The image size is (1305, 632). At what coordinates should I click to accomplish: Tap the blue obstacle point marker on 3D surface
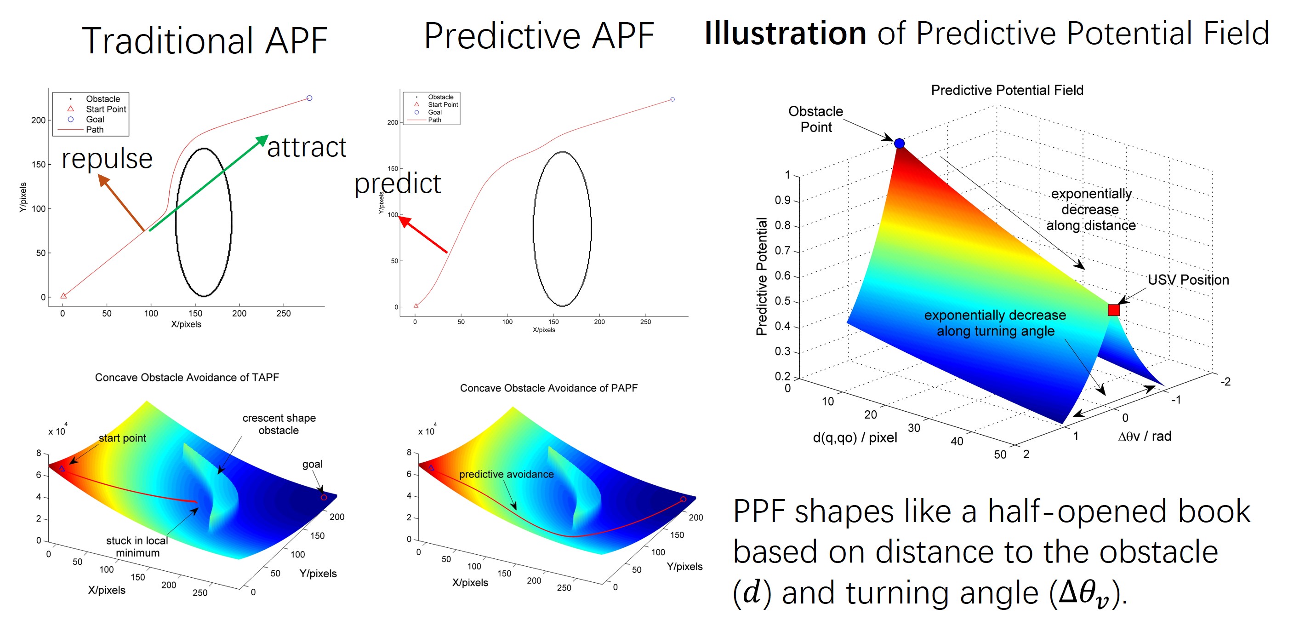click(x=899, y=144)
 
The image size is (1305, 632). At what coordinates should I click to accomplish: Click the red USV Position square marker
click(x=1113, y=310)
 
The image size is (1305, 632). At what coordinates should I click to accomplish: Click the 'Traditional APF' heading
click(x=205, y=40)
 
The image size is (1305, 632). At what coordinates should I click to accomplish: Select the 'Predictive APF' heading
click(x=539, y=36)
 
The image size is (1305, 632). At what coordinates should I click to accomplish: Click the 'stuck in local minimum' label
click(x=137, y=546)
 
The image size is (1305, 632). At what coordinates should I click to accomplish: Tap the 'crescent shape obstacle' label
click(x=279, y=424)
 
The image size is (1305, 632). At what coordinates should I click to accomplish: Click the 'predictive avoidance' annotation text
click(x=506, y=474)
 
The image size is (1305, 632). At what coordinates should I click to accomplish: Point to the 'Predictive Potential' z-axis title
click(x=761, y=276)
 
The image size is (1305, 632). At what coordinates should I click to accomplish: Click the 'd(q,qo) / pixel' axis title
click(x=855, y=437)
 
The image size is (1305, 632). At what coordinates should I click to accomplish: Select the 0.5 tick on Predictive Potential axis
click(x=783, y=301)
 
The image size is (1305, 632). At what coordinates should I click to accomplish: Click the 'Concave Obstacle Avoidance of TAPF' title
click(x=187, y=377)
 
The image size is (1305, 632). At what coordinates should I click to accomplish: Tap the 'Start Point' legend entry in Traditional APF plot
click(x=105, y=109)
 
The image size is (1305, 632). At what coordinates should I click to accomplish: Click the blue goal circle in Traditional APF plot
click(x=309, y=98)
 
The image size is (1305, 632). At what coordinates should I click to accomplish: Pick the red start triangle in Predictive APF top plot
click(x=416, y=305)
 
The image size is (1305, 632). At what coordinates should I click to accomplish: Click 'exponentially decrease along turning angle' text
click(x=995, y=323)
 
